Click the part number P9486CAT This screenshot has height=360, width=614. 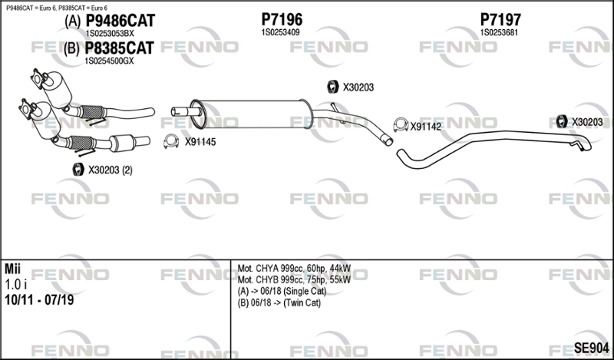click(120, 21)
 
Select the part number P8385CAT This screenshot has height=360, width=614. click(120, 48)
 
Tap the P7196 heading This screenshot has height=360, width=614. click(282, 19)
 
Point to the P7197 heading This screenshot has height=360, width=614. click(500, 19)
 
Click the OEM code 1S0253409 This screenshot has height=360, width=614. click(280, 32)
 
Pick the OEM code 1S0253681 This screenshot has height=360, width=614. click(499, 32)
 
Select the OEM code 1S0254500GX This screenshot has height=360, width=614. click(109, 61)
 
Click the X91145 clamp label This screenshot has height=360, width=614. click(200, 142)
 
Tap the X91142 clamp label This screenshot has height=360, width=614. click(426, 127)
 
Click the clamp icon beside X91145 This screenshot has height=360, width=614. click(171, 141)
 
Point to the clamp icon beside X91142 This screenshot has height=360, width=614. click(401, 124)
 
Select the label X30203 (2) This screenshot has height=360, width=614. click(110, 170)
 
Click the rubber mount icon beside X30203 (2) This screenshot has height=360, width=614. click(78, 169)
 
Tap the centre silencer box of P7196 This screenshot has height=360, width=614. click(252, 114)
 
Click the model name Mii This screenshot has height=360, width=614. click(12, 269)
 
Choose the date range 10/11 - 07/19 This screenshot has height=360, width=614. click(39, 300)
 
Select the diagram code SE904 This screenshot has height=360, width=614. click(591, 348)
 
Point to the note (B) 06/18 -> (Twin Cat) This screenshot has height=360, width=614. click(279, 302)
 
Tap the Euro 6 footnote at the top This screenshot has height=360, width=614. click(57, 8)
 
